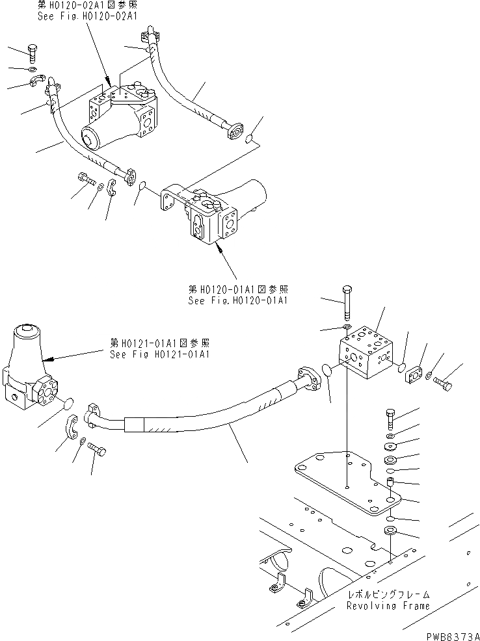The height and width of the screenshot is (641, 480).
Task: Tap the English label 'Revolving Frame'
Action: click(x=388, y=605)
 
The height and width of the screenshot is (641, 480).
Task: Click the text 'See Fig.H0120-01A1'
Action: click(x=238, y=300)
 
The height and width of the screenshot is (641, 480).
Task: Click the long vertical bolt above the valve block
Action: click(x=347, y=302)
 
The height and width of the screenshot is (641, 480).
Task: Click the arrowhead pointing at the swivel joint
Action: click(x=45, y=358)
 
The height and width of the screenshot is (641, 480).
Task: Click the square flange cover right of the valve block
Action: click(x=414, y=375)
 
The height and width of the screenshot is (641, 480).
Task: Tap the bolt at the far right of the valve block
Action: click(x=443, y=382)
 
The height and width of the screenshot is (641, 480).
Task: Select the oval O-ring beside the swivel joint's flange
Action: click(x=68, y=406)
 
